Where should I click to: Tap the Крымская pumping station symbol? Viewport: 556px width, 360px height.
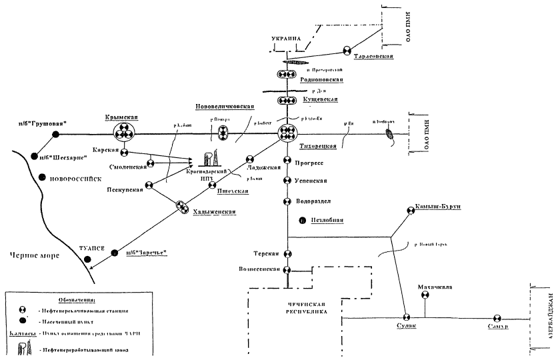[123, 133]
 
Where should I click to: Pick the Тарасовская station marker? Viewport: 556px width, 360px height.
[347, 50]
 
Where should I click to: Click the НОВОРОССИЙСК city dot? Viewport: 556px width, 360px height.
[42, 178]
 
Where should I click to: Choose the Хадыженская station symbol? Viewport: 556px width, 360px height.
[182, 208]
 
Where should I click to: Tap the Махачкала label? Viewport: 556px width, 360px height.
[435, 288]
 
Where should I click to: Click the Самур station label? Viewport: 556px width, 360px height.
[497, 327]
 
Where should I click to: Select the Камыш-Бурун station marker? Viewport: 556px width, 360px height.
[409, 210]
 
